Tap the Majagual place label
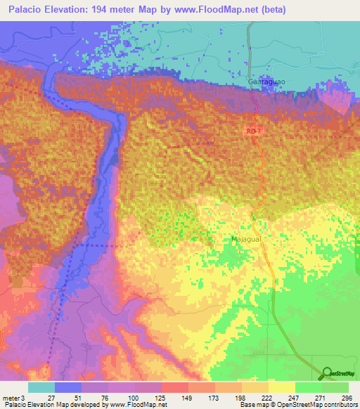pos(245,240)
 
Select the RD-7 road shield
pos(254,131)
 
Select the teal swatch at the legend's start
pos(41,387)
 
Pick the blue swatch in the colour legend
pos(68,387)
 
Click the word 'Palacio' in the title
pos(22,9)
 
